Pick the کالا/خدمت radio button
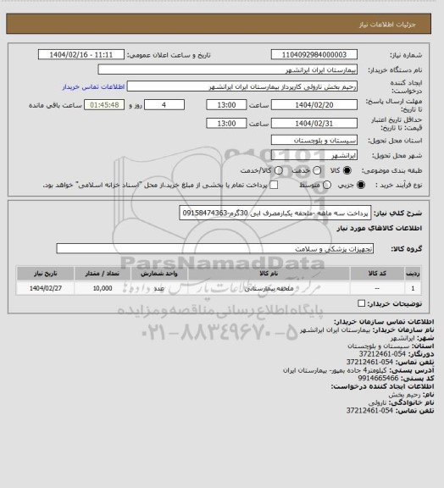291,171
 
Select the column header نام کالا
283,274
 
